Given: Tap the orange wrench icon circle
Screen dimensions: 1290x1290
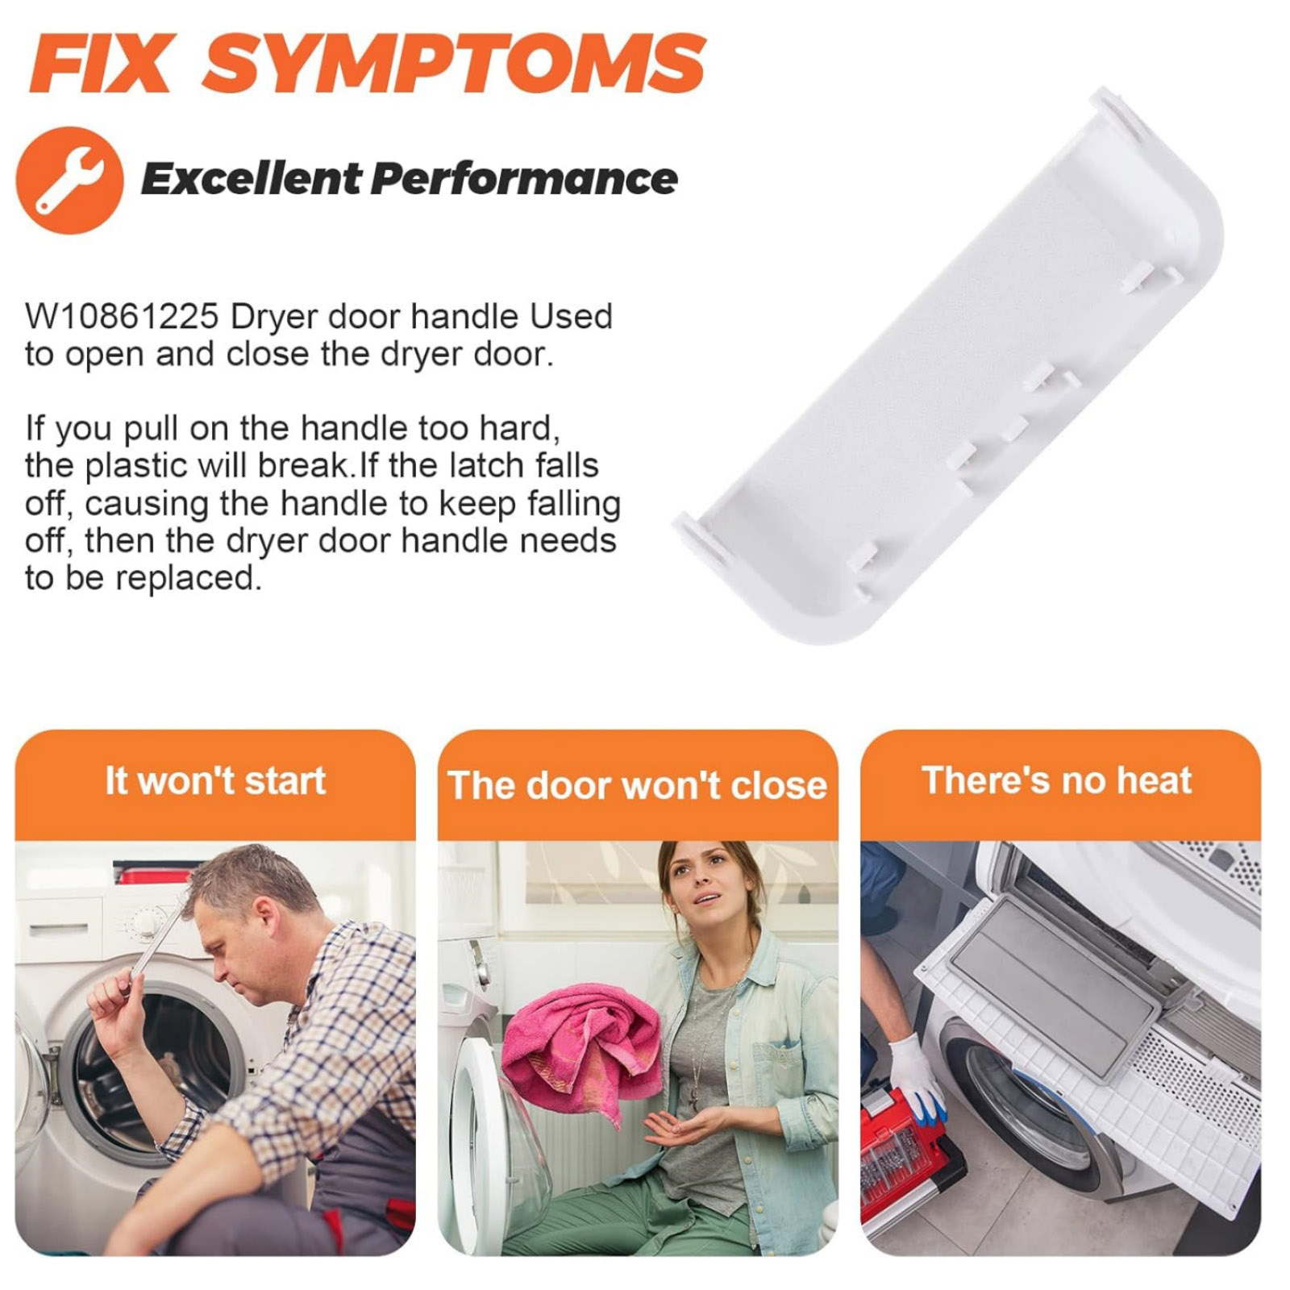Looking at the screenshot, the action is point(70,180).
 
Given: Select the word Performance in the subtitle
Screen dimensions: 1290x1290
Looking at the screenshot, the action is point(524,179).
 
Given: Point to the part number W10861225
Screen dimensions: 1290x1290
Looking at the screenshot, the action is point(122,316).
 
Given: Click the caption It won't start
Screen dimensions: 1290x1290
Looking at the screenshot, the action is point(215,780).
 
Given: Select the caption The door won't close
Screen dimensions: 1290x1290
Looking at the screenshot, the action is point(637,785).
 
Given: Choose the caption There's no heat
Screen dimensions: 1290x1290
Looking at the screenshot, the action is point(1056,780).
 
